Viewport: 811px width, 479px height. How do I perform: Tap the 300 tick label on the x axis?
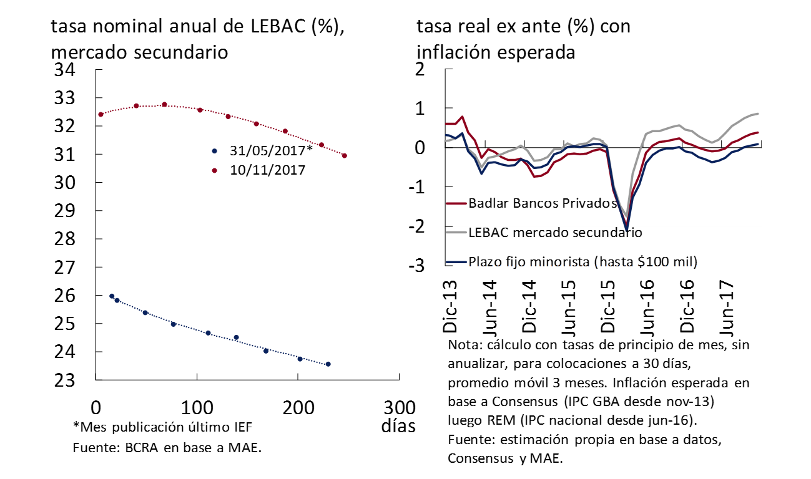pos(398,409)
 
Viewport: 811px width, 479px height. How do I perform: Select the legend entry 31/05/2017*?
pos(270,151)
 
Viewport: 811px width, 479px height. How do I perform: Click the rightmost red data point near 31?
pos(345,156)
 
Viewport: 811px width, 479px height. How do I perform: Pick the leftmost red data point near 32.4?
pos(101,115)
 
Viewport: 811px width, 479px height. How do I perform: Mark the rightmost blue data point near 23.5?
pos(328,364)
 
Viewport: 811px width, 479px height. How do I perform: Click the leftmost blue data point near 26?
pos(112,296)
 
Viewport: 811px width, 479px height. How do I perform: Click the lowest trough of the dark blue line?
pos(626,230)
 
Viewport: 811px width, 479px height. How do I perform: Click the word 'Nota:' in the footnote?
pos(464,345)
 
